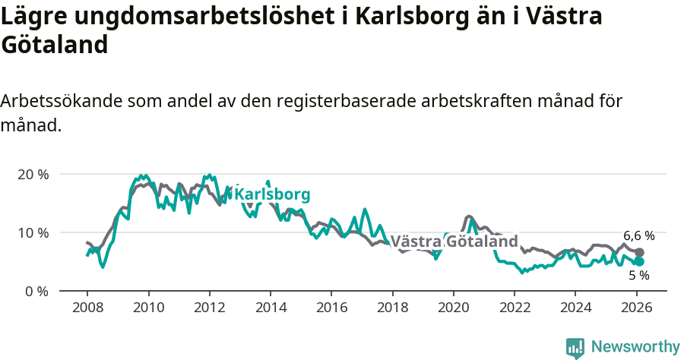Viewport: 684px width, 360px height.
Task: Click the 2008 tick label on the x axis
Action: [87, 310]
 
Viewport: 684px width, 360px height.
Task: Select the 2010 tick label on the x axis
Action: [148, 310]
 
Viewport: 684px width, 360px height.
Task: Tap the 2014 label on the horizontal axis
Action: [270, 310]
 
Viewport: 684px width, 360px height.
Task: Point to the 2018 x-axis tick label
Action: [392, 310]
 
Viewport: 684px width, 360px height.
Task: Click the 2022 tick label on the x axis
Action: [515, 310]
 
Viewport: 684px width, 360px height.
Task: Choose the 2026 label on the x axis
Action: [636, 310]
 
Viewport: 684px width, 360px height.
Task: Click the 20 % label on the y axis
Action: [33, 174]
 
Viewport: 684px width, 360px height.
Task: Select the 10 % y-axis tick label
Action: [33, 232]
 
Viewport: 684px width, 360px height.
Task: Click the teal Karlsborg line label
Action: [272, 194]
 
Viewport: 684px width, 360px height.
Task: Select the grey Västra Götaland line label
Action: [454, 242]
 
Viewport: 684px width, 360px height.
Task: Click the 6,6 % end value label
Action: [638, 235]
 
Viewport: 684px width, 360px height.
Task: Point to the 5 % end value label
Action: [638, 275]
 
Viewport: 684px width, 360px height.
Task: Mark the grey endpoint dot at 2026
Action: [639, 252]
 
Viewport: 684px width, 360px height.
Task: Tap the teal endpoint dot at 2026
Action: [639, 261]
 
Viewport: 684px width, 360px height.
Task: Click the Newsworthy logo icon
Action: [575, 347]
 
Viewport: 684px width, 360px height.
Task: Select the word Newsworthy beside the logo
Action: [635, 347]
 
